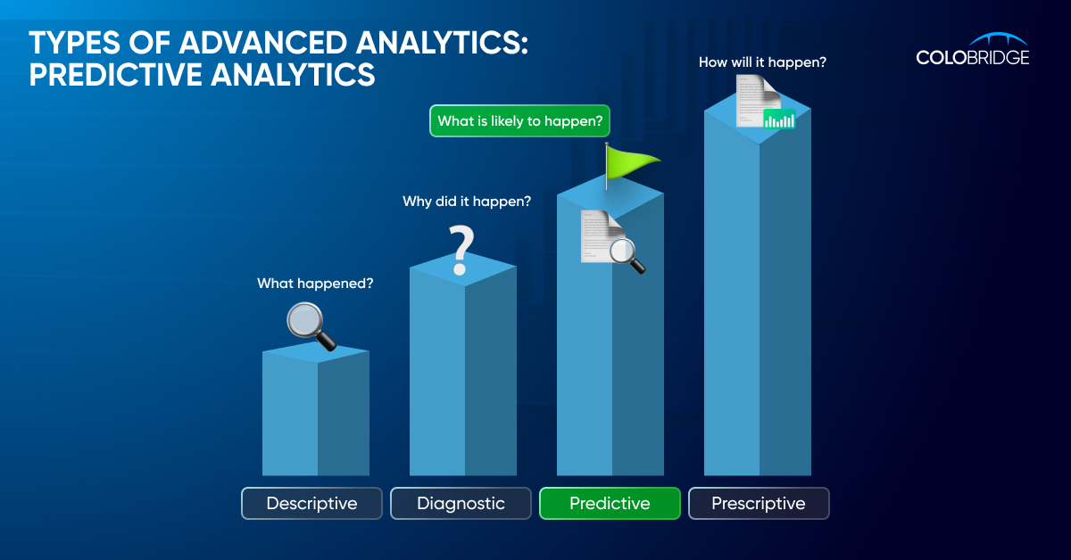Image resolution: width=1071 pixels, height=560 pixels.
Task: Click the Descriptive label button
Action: tap(311, 503)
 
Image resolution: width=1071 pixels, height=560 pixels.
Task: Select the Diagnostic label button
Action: tap(461, 503)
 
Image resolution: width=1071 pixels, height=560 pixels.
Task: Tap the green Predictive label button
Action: tap(610, 503)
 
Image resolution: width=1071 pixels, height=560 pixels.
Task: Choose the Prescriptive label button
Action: tap(759, 503)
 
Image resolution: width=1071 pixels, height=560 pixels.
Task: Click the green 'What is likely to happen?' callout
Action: tap(519, 121)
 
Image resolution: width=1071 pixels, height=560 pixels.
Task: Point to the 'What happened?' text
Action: tap(315, 284)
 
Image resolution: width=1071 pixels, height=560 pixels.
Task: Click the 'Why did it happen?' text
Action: tap(467, 202)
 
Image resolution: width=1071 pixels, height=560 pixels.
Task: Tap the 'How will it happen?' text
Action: tap(762, 62)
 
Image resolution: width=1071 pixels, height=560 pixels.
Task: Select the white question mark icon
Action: tap(461, 250)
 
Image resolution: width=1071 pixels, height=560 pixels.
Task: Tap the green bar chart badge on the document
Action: tap(779, 119)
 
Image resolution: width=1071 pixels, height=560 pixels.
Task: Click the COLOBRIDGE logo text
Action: tap(973, 57)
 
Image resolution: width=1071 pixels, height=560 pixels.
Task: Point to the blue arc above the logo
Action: tap(999, 37)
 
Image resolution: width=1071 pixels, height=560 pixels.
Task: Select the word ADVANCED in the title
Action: tap(262, 43)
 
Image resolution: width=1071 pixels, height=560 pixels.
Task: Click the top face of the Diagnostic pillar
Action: tap(463, 268)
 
